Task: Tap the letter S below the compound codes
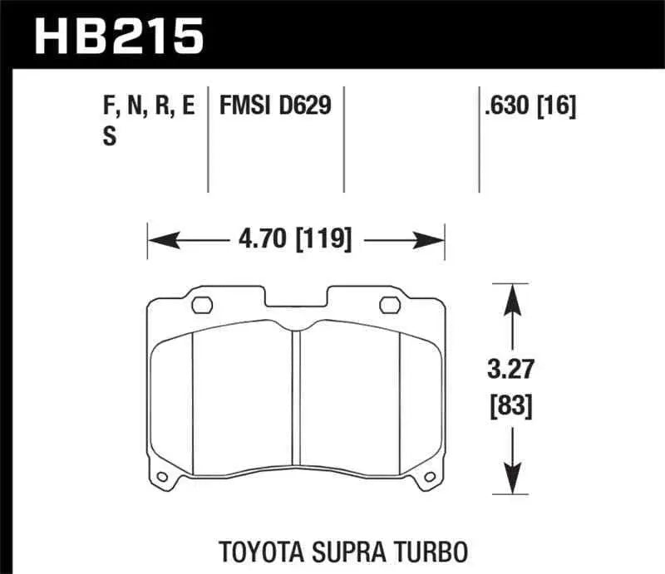[109, 140]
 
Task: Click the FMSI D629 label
[275, 106]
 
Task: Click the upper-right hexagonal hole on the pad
[390, 305]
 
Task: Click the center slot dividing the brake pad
[295, 399]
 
